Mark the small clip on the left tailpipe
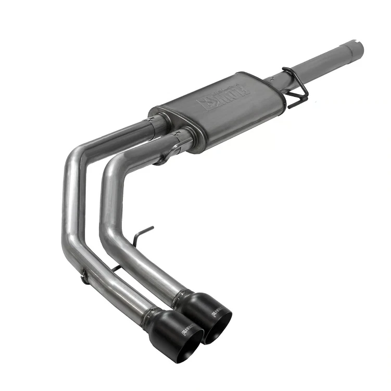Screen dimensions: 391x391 (x=83, y=276)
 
